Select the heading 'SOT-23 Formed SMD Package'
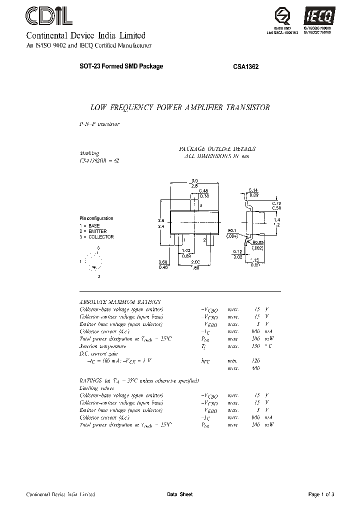tap(121, 66)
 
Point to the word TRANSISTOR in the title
tap(248, 107)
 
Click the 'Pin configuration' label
tap(96, 218)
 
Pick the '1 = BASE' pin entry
tap(90, 226)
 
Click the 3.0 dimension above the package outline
tap(195, 180)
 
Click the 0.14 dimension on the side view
tap(253, 190)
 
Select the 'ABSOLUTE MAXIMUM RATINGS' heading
tap(120, 302)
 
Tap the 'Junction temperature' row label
tap(103, 346)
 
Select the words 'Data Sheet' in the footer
tap(179, 494)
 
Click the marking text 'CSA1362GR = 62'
tap(99, 160)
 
